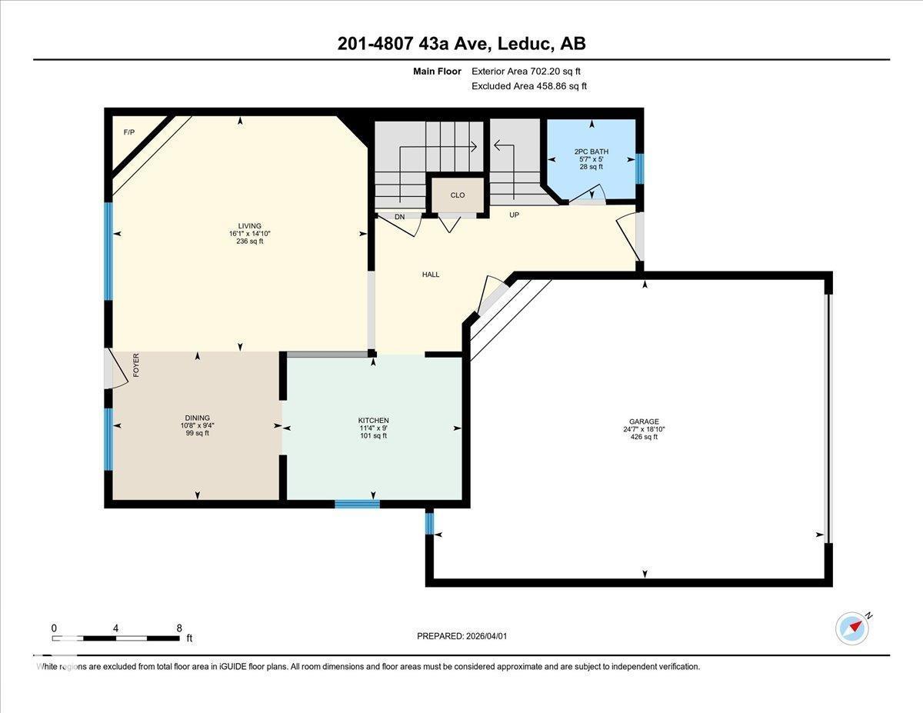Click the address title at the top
tap(461, 44)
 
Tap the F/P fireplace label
tap(128, 132)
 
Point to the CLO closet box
tap(458, 195)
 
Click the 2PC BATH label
tap(591, 152)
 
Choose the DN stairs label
tap(399, 217)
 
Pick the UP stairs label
tap(514, 215)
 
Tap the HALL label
tap(431, 275)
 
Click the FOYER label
tap(136, 364)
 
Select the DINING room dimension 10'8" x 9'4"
tap(196, 425)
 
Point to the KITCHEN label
tap(374, 421)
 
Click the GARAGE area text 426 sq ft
tap(644, 437)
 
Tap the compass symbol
tap(852, 628)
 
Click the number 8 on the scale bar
tap(179, 628)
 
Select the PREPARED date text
tap(462, 636)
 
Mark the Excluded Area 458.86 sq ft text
tap(528, 86)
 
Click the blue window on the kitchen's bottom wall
tap(357, 504)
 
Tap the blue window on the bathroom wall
tap(638, 168)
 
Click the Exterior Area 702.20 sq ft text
tap(525, 71)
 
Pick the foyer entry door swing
tap(115, 369)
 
